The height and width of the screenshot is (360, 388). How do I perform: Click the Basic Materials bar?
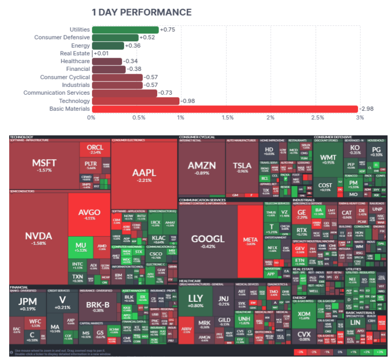[x=225, y=109]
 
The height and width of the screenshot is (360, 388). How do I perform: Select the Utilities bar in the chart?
[x=125, y=30]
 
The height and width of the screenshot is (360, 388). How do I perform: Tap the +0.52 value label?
[x=147, y=37]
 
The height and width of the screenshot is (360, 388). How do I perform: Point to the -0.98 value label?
[x=187, y=101]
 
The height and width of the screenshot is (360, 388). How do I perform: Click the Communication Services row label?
[x=57, y=93]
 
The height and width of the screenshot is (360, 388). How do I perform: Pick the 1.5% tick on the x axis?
[x=227, y=118]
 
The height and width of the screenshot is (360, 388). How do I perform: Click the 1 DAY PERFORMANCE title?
[x=142, y=12]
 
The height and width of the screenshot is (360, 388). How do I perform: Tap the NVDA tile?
[x=38, y=238]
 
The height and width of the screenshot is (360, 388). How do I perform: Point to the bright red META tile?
[x=250, y=240]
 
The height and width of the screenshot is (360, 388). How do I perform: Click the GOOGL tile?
[x=208, y=240]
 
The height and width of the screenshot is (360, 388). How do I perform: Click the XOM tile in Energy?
[x=304, y=316]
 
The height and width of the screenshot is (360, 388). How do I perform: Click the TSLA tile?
[x=242, y=167]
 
